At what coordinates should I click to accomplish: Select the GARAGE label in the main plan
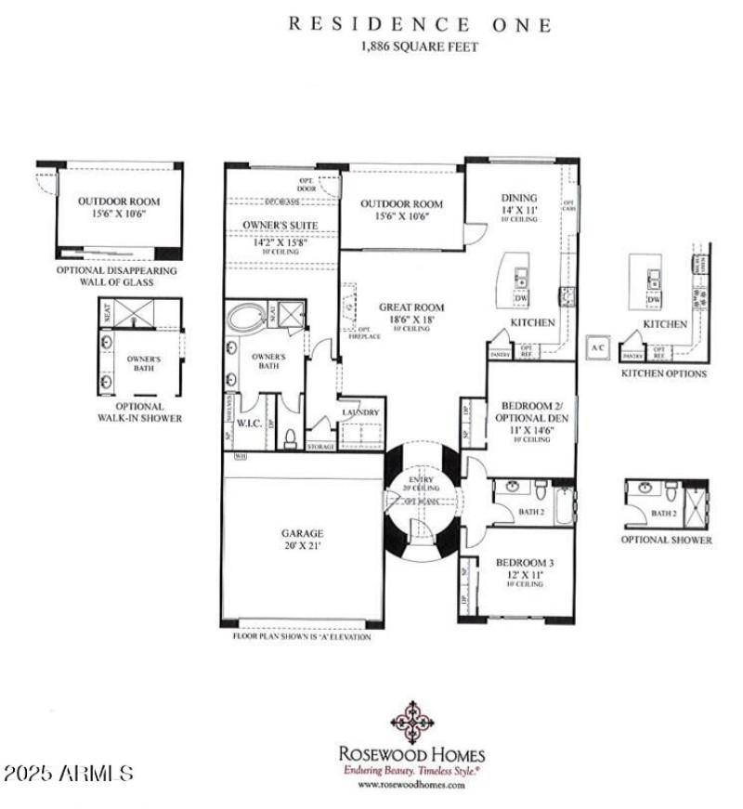[303, 533]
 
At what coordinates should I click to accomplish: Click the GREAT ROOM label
[411, 307]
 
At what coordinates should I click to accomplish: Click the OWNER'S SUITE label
[280, 225]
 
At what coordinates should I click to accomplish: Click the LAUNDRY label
[360, 412]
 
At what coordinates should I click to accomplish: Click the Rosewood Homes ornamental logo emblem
[409, 722]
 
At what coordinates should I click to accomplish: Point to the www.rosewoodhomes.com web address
[411, 784]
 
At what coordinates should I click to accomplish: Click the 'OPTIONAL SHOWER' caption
[668, 540]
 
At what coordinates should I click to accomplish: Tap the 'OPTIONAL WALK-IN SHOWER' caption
[140, 412]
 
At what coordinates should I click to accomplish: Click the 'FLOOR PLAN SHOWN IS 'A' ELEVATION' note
[301, 637]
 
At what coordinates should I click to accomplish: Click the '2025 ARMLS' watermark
[70, 773]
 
